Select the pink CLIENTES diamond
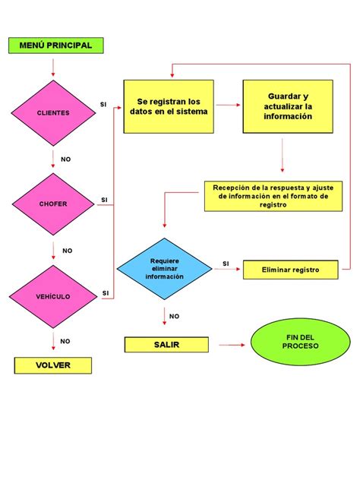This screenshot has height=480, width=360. coord(52,112)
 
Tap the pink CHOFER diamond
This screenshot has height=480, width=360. coord(52,204)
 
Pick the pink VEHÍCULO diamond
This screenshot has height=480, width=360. coord(52,296)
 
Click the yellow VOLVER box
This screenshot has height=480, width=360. coord(52,365)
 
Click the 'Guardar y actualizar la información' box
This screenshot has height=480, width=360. coord(288,106)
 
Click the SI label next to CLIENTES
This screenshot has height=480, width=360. coord(104,104)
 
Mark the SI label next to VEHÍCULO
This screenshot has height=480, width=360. coord(105,292)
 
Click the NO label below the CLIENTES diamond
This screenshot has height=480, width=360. coord(65,159)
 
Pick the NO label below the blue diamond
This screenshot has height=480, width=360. coord(174,316)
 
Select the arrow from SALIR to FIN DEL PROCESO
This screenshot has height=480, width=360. coord(232,346)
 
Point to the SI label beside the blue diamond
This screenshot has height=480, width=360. coord(226,264)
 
